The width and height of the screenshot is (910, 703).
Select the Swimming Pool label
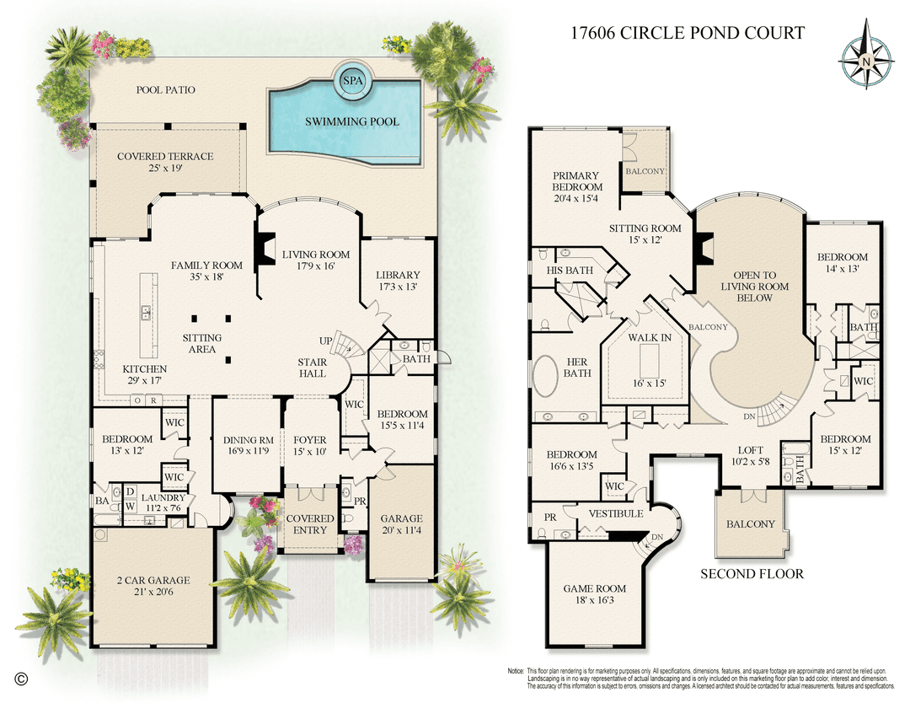352,121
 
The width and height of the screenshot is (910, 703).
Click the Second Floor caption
752,574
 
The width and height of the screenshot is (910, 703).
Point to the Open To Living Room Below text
754,287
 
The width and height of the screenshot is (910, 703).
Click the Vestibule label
615,513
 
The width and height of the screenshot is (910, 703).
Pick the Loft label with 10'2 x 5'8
752,456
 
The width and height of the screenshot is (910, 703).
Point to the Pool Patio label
165,89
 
